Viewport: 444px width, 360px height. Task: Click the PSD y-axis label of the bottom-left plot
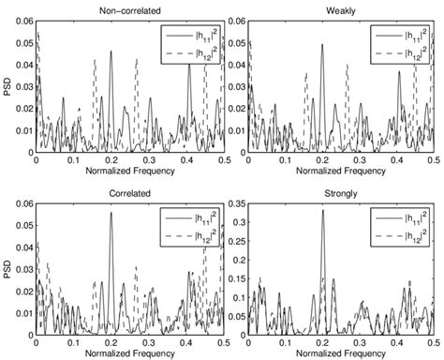8,266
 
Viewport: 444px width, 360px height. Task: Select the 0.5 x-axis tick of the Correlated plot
223,342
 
